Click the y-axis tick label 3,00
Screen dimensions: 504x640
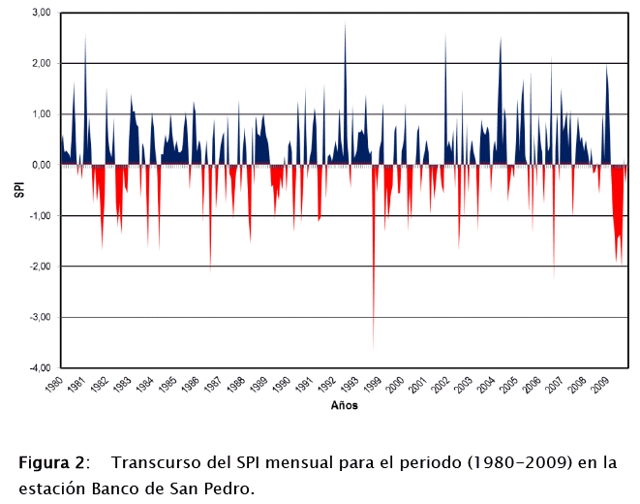[x=41, y=14]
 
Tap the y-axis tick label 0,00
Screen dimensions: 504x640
[x=41, y=165]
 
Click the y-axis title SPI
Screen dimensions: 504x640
[x=17, y=190]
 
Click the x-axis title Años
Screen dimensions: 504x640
[x=344, y=405]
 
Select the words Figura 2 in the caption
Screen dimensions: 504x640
[x=53, y=462]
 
